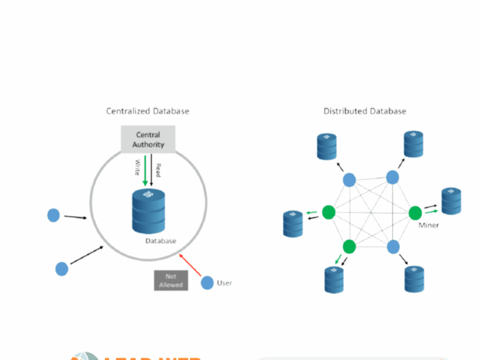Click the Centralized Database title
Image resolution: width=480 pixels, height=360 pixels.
(x=147, y=110)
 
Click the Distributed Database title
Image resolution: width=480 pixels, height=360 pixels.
(x=365, y=110)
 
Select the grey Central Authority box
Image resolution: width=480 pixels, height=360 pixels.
(x=148, y=139)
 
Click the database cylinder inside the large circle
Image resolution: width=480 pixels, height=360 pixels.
(x=149, y=211)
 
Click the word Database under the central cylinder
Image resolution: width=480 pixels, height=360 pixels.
(x=160, y=241)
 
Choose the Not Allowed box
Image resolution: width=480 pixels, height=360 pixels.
(x=171, y=280)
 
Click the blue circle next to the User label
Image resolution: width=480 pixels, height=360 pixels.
(x=207, y=283)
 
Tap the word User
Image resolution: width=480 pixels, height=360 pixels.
(x=224, y=283)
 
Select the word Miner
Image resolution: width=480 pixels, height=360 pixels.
(x=429, y=225)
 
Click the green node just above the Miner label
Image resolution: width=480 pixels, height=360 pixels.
(x=415, y=213)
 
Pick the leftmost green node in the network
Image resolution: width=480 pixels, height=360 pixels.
(x=328, y=212)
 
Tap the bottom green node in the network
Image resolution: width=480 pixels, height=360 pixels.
(x=350, y=246)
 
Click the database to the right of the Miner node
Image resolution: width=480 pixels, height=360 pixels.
(x=451, y=200)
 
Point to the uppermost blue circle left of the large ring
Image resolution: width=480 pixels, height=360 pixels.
(x=53, y=215)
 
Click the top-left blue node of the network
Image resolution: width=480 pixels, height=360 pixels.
(x=349, y=180)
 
